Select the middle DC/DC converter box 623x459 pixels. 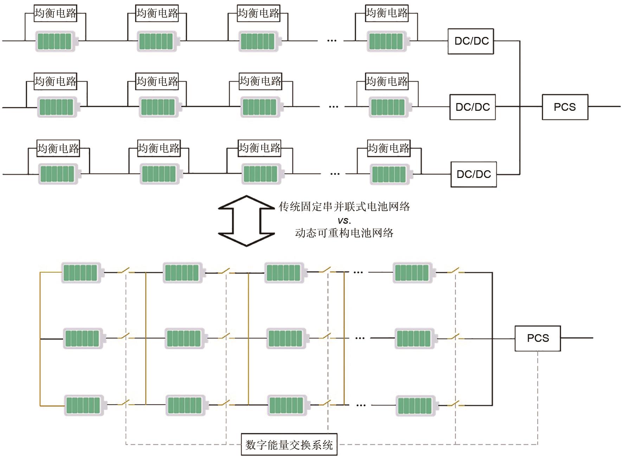(x=473, y=107)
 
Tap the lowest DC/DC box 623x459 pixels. (x=474, y=174)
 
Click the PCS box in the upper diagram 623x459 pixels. (x=565, y=107)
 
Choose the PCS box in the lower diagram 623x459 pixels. (x=538, y=338)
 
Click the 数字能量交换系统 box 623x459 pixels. (x=289, y=445)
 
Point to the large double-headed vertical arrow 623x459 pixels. (x=246, y=221)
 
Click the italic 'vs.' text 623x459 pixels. (x=344, y=221)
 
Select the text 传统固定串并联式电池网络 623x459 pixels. (x=344, y=206)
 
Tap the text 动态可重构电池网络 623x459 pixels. (x=344, y=233)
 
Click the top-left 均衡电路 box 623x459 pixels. (x=55, y=13)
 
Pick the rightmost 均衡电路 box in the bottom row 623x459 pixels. (x=388, y=148)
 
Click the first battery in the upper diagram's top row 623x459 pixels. (x=55, y=41)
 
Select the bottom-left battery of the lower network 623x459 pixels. (x=84, y=405)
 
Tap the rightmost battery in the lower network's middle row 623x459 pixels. (x=415, y=338)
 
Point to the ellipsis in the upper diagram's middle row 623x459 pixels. (x=333, y=107)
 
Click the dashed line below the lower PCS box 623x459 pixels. (x=538, y=397)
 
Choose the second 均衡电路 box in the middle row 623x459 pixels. (x=157, y=82)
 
